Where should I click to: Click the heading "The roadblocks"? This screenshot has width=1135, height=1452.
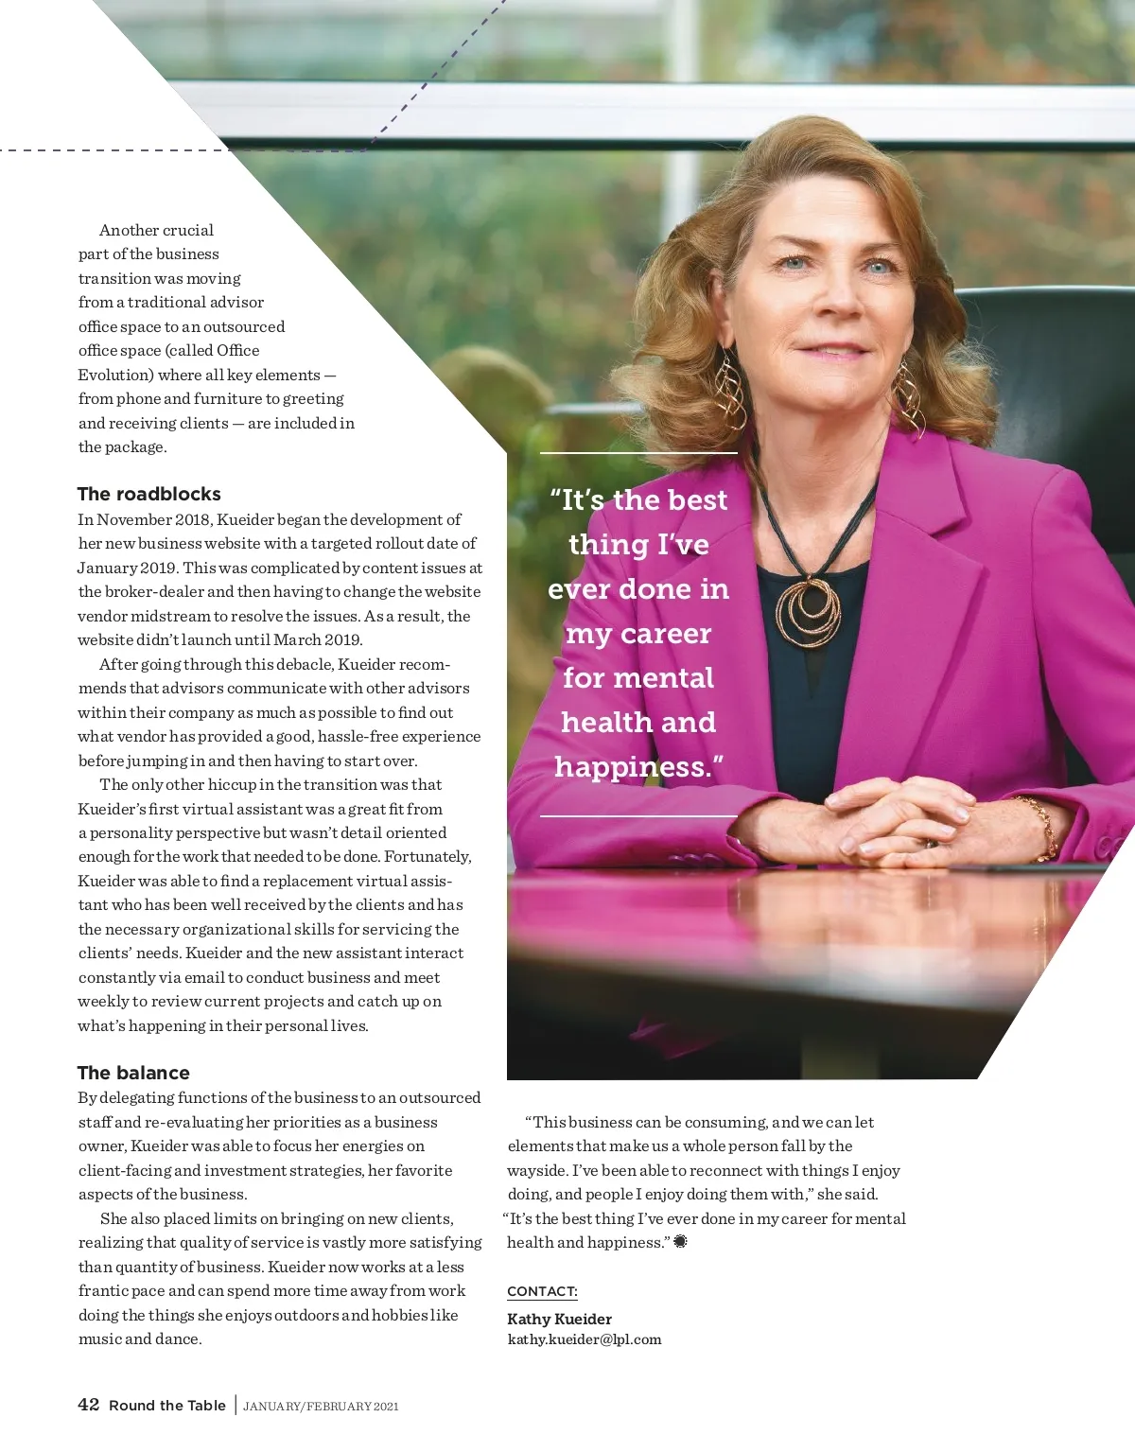(x=148, y=494)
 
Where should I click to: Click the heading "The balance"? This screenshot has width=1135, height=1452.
(x=133, y=1073)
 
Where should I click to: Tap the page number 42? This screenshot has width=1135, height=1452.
(x=88, y=1405)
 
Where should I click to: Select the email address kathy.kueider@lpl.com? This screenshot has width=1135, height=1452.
(x=584, y=1339)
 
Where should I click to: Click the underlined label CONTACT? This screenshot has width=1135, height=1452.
(x=542, y=1291)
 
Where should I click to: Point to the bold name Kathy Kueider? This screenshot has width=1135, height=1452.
(x=559, y=1319)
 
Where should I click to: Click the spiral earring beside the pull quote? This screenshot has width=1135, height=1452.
(x=729, y=388)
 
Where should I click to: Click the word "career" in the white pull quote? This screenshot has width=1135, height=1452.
(x=666, y=634)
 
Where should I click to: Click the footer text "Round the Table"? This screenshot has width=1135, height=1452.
(x=167, y=1406)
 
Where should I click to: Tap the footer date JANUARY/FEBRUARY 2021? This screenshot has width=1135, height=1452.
(x=321, y=1407)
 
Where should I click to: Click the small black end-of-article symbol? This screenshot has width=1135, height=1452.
(x=680, y=1242)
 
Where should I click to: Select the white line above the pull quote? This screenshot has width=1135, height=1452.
(x=638, y=453)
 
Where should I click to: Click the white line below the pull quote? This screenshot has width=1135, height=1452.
(x=638, y=815)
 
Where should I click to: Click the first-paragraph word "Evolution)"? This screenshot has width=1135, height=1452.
(x=115, y=375)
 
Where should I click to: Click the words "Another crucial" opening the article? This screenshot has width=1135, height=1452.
(x=156, y=230)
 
